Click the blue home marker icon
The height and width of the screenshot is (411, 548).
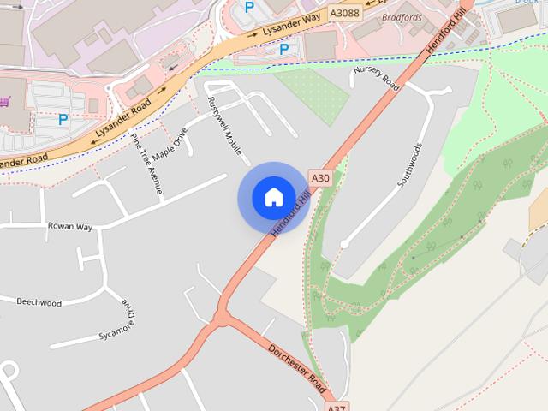(x=273, y=198)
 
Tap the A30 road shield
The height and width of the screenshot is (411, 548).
(x=320, y=178)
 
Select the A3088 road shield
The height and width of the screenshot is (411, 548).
(x=345, y=13)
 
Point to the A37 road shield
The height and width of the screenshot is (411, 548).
(x=337, y=408)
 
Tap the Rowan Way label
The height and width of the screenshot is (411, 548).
(x=70, y=227)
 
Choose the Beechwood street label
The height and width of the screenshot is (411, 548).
(x=39, y=301)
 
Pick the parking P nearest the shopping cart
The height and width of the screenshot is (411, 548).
(x=63, y=120)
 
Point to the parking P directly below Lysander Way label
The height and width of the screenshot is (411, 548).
(x=283, y=50)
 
